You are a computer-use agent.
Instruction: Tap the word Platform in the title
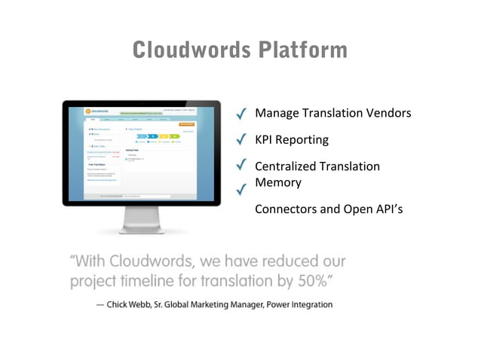point(302,50)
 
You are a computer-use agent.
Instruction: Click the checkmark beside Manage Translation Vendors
point(242,114)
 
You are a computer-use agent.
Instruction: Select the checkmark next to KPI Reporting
point(242,139)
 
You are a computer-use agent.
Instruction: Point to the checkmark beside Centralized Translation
point(242,164)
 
